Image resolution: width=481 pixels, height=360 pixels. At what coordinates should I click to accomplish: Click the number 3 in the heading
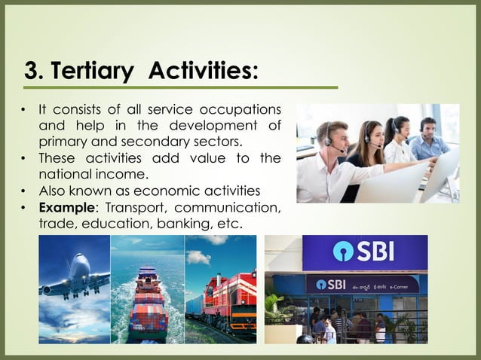(32, 72)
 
